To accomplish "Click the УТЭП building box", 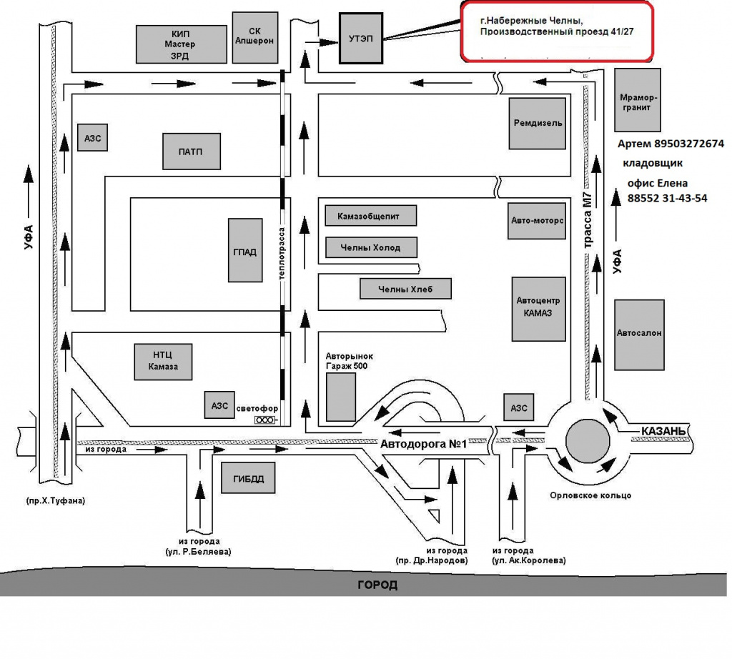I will (x=361, y=38).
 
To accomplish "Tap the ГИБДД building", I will (x=248, y=479).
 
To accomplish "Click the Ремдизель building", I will (x=538, y=123).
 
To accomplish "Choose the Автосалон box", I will (x=639, y=333).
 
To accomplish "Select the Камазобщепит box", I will (x=370, y=215).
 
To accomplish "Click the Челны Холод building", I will (x=370, y=248).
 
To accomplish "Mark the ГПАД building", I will (x=245, y=251).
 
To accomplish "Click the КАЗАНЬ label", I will (x=663, y=430).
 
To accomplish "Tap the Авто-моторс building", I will (x=538, y=221).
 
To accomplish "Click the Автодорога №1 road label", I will (x=423, y=445).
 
